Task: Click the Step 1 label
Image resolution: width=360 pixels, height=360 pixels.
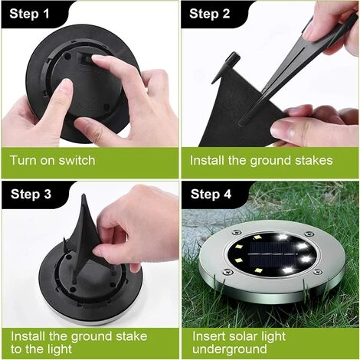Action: pos(29,14)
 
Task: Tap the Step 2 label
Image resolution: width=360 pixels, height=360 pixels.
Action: pos(210,14)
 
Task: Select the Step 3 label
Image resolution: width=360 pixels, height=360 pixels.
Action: pos(31,194)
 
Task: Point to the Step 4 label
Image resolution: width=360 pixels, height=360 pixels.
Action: pos(211,194)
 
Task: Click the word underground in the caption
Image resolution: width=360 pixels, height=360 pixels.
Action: pos(230,349)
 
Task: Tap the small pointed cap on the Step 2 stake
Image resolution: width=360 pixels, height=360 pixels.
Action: pos(233,60)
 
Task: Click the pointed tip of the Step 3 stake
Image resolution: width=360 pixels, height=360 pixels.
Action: pos(83,195)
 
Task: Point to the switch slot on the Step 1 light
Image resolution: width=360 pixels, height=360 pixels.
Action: pos(86,59)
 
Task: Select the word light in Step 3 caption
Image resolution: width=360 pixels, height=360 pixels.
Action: pos(60,349)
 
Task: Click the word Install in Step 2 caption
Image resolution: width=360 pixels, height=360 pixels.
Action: pos(207,160)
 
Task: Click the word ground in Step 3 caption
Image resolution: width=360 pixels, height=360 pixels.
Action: pos(91,337)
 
